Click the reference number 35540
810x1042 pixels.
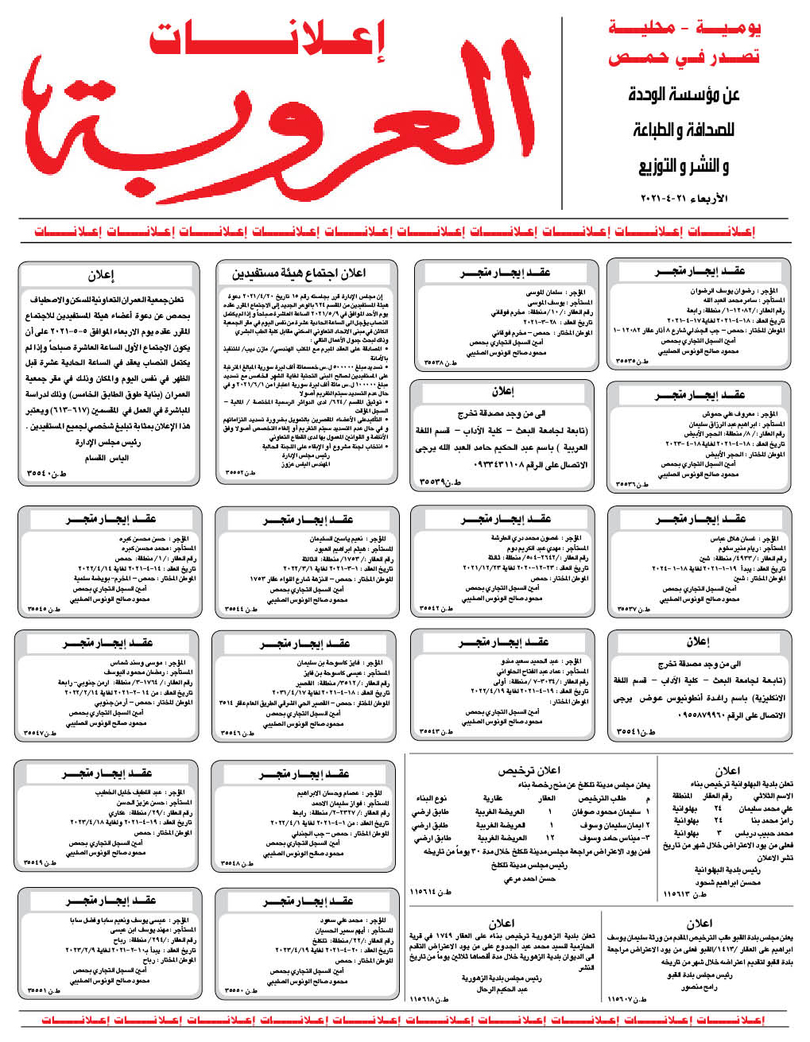pyautogui.click(x=47, y=473)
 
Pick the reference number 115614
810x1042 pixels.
pyautogui.click(x=430, y=892)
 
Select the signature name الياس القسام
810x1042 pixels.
pyautogui.click(x=107, y=458)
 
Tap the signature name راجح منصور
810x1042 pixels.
pyautogui.click(x=700, y=987)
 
